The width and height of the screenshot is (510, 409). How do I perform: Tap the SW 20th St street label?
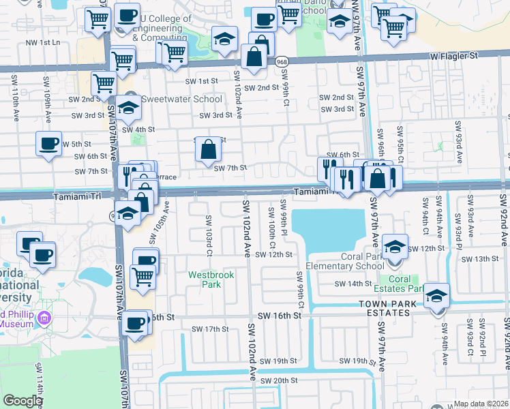tap(272, 380)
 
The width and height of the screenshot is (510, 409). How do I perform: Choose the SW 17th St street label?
tap(209, 329)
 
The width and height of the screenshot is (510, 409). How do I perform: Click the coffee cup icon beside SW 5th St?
tap(48, 144)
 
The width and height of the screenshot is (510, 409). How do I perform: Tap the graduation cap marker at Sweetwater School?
tap(128, 107)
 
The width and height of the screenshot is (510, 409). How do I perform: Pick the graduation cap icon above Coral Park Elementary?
tap(395, 247)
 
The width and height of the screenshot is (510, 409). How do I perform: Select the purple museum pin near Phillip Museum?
tap(45, 318)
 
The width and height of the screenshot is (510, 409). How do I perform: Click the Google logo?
tap(22, 401)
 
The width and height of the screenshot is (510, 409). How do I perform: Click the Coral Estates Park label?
tap(400, 284)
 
